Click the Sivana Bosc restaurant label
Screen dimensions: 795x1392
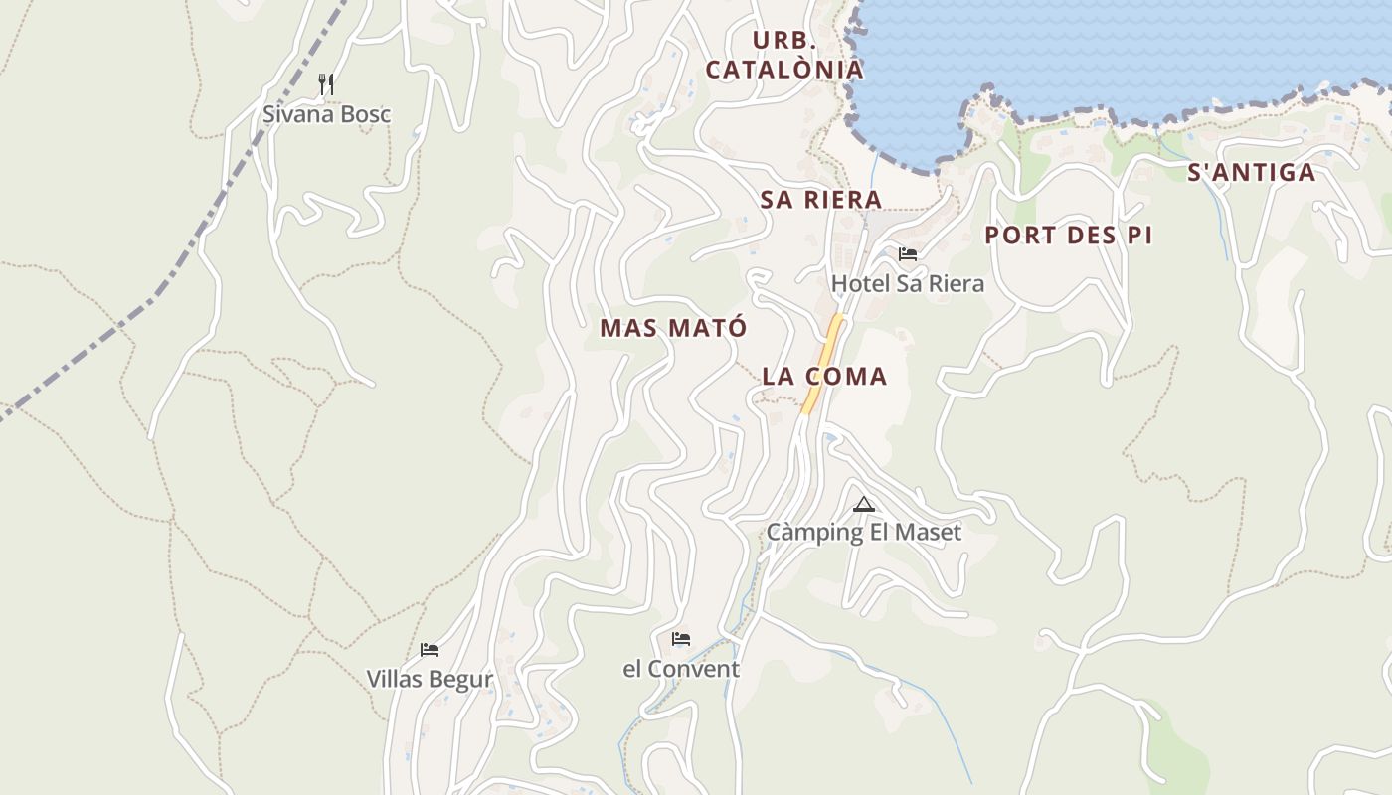click(326, 114)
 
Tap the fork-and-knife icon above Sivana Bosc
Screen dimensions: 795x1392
click(326, 84)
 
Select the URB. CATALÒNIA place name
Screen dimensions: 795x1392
click(784, 55)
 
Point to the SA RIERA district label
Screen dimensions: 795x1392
click(821, 199)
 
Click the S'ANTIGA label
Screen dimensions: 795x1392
click(1252, 173)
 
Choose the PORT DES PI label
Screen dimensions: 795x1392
click(1069, 236)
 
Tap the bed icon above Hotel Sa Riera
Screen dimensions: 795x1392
click(907, 254)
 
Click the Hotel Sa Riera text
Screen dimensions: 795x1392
click(908, 284)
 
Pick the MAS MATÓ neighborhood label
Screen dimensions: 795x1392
click(673, 328)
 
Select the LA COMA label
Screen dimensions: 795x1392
click(824, 377)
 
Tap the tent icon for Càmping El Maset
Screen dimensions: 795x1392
click(863, 504)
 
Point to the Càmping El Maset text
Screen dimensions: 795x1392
click(864, 533)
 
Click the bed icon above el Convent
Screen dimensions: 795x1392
click(681, 639)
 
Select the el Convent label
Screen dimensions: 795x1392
click(681, 670)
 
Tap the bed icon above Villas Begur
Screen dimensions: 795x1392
click(430, 650)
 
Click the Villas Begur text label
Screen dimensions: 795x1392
click(430, 680)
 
